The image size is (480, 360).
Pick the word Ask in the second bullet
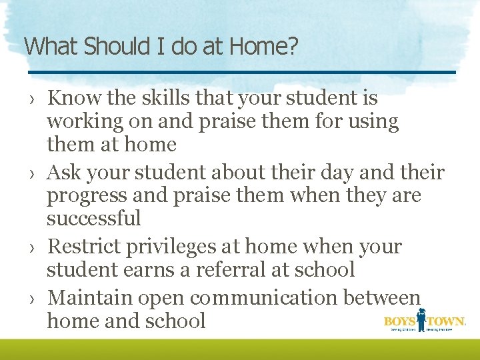coord(63,173)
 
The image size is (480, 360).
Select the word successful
coord(94,218)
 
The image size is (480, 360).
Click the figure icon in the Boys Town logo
coord(421,319)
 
